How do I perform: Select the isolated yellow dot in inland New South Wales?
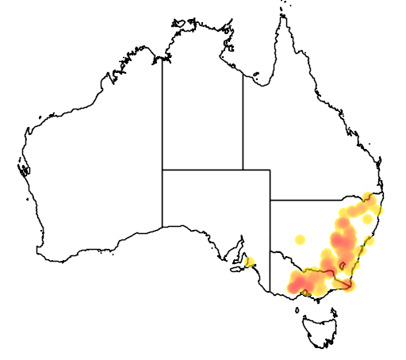coord(300,239)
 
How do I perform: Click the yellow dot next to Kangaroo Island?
coord(250,262)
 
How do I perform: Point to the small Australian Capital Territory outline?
coord(343,264)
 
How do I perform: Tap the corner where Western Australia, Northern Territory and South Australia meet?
coord(163,169)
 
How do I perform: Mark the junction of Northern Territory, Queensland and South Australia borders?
coord(243,169)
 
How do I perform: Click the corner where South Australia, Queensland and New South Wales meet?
coord(270,201)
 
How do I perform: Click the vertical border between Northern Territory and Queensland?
coord(243,119)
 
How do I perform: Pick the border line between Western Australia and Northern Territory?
coord(163,111)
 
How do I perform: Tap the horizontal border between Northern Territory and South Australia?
coord(202,169)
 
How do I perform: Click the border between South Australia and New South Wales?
coord(270,230)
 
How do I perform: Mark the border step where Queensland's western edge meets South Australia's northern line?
coord(243,169)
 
